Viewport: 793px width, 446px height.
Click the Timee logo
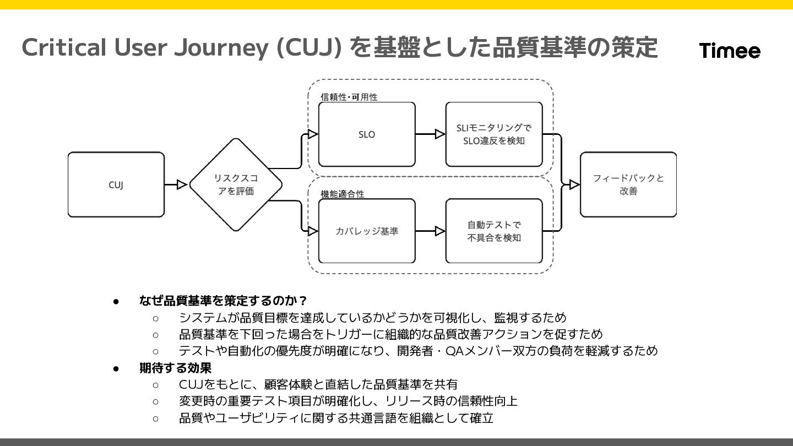pos(730,51)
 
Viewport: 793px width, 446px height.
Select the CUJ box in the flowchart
pos(116,184)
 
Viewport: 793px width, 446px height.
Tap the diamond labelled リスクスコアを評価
pos(236,184)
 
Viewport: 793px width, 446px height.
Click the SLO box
pos(367,134)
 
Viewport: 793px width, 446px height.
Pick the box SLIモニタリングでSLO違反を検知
pos(494,134)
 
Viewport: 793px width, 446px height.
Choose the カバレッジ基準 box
pos(367,231)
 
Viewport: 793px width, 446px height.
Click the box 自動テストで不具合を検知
pos(494,231)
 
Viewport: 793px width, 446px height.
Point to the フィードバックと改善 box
pos(628,184)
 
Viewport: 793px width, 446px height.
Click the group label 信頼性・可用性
pos(349,97)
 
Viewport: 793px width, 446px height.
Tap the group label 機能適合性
pos(343,194)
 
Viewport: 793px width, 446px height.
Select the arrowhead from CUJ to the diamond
pos(182,185)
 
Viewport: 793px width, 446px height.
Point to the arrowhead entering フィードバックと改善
pos(574,184)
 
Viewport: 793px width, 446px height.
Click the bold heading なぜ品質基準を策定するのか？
pos(223,301)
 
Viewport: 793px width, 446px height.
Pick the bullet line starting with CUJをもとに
pos(318,384)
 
